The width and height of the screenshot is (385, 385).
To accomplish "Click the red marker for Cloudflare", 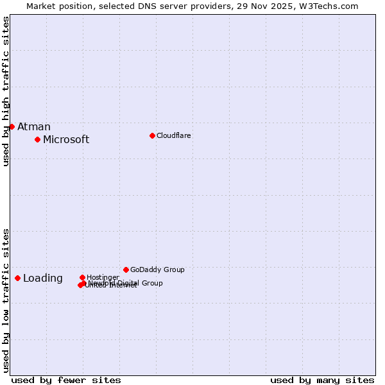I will click(x=152, y=135).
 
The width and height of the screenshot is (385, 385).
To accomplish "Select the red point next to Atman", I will click(x=12, y=126).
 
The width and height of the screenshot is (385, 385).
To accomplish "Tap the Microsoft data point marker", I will click(x=37, y=139).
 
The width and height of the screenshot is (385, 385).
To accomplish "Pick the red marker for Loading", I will click(x=17, y=278).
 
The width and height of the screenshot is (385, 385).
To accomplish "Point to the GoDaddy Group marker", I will click(x=126, y=269).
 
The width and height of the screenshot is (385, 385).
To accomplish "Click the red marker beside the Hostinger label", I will click(x=82, y=277).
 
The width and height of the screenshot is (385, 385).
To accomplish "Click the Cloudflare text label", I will click(x=174, y=135).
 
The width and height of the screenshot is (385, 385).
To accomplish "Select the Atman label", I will click(x=34, y=127).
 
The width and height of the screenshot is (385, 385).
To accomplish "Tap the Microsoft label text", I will click(x=66, y=140).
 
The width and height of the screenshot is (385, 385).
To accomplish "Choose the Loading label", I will click(x=43, y=278).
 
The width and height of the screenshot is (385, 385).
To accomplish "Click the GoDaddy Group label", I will click(x=157, y=269).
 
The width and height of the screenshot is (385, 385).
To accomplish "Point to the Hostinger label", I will click(x=103, y=277).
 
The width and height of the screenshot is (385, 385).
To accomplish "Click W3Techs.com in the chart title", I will click(x=327, y=6).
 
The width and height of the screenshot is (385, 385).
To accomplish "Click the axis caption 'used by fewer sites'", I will click(x=66, y=381).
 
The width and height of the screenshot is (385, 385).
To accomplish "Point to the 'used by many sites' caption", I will click(x=322, y=381).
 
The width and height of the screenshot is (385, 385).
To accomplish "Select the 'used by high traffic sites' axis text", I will click(x=6, y=92).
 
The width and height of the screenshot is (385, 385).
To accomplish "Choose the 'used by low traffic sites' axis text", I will click(x=6, y=300).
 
